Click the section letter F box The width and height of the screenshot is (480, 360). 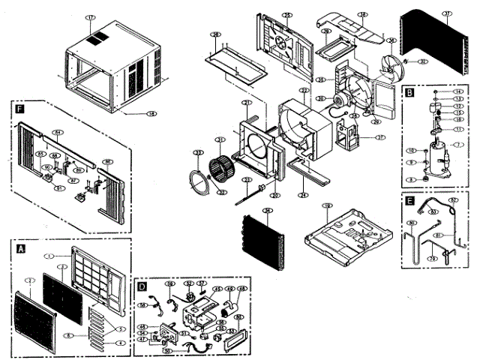tap(17, 109)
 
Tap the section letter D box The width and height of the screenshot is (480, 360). tap(142, 285)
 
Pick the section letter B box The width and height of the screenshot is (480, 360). tap(409, 93)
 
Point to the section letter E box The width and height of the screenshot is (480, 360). tap(409, 201)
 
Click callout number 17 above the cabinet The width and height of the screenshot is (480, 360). tap(91, 16)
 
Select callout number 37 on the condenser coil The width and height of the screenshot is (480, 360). tap(447, 13)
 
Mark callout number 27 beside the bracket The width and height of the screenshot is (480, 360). tap(380, 137)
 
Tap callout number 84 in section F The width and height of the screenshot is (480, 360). tap(56, 132)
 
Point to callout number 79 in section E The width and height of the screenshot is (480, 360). tap(432, 259)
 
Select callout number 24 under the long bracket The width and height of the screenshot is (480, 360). tap(303, 195)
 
